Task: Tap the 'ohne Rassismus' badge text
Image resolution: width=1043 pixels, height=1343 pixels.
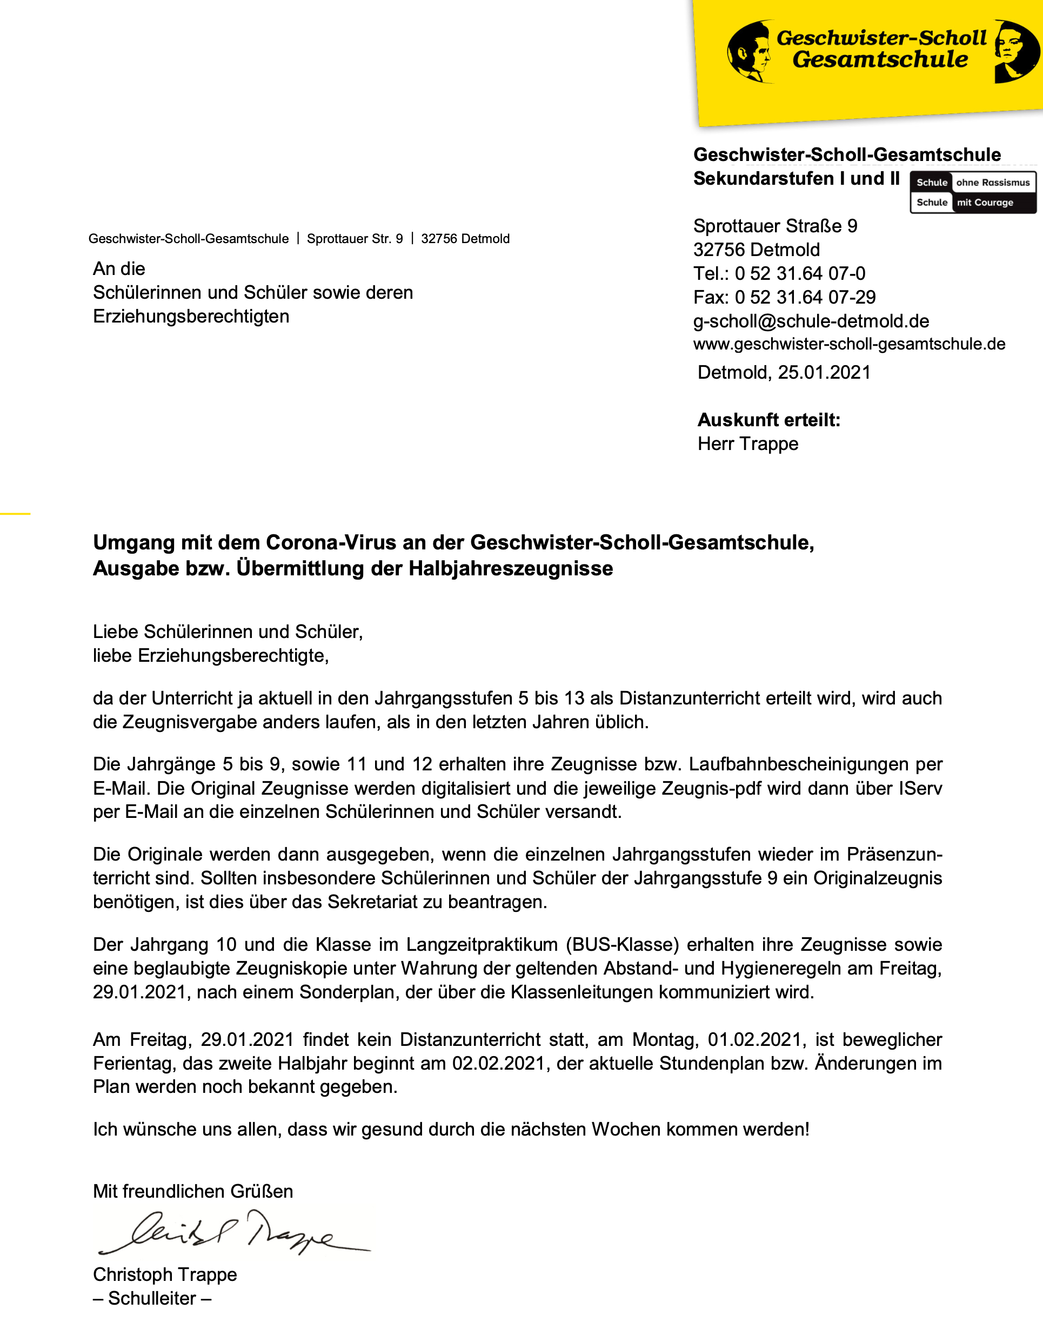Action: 993,183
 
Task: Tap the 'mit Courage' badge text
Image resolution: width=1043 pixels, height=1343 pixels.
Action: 985,202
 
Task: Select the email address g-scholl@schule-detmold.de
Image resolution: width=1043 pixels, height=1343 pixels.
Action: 811,321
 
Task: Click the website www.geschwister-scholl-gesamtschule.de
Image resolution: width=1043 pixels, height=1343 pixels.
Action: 848,344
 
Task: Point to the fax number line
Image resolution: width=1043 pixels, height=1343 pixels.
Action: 784,298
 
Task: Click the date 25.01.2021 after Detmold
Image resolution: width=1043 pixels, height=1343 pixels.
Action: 824,373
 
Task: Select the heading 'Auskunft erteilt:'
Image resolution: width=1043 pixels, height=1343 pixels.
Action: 768,420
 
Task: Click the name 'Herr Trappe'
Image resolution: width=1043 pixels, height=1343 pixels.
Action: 747,444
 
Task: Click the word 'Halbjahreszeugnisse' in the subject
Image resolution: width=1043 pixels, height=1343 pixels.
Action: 511,569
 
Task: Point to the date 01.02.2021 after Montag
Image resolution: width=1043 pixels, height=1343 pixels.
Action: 755,1040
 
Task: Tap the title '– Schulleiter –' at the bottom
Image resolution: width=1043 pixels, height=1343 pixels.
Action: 152,1298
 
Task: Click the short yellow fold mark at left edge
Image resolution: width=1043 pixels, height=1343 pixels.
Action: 15,513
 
